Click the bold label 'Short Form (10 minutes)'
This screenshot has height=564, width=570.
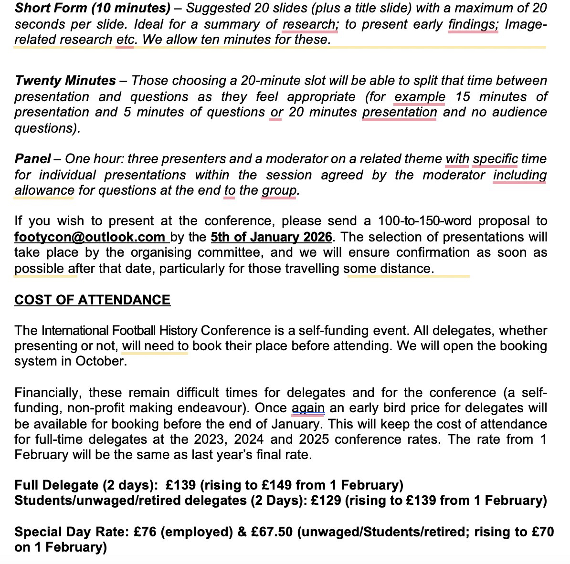(92, 9)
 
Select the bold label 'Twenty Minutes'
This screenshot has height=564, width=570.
(65, 81)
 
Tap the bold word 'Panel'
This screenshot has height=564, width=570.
(32, 159)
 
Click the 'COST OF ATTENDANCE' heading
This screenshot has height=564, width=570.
(92, 300)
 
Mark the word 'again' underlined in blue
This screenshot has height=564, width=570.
(308, 408)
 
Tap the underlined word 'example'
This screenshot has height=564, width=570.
(420, 97)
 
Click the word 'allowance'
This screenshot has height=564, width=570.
(44, 190)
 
